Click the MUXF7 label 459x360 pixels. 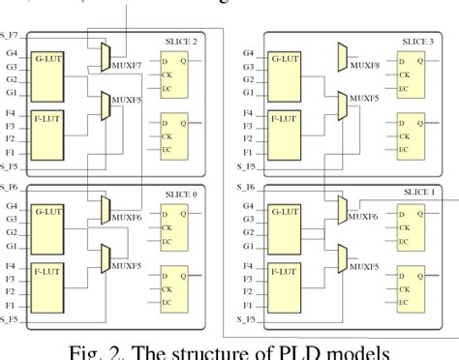(x=129, y=65)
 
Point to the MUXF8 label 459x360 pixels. (x=366, y=65)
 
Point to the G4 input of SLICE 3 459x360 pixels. (x=249, y=53)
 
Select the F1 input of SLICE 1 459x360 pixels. (x=249, y=304)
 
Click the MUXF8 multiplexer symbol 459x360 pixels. (x=343, y=57)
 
